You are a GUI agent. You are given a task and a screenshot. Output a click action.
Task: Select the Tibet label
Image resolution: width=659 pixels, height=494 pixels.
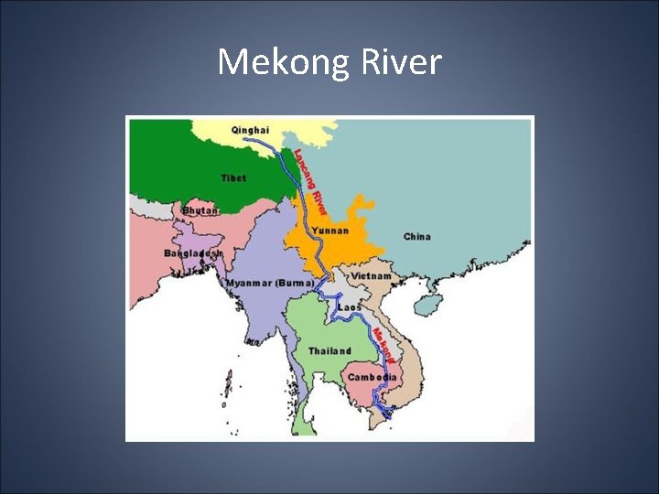tap(233, 177)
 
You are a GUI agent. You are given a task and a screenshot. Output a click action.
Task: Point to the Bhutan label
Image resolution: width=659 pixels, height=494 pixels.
tap(200, 210)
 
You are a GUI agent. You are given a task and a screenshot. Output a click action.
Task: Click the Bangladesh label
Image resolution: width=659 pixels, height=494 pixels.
tap(193, 252)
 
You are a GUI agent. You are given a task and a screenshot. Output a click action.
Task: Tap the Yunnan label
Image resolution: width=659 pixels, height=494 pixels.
tap(329, 231)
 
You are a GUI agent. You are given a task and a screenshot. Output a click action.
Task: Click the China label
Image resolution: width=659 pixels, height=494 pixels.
tap(416, 237)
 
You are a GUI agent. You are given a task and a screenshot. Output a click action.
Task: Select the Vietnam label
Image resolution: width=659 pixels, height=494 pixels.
tap(371, 275)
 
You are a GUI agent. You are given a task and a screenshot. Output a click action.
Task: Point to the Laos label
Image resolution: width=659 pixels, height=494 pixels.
tap(350, 306)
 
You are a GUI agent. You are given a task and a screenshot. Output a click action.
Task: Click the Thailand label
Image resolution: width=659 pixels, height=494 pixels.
tap(329, 350)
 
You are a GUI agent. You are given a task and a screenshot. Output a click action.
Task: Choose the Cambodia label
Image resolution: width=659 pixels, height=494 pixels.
tap(372, 377)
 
